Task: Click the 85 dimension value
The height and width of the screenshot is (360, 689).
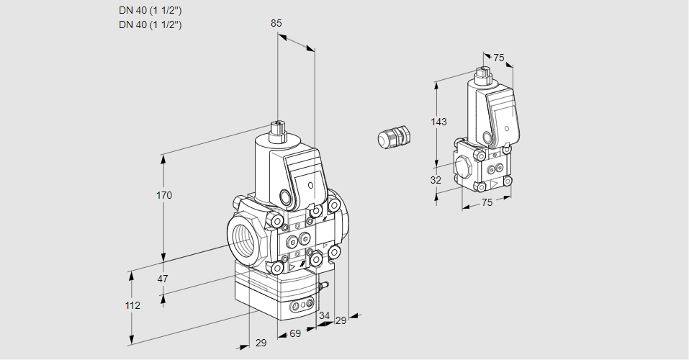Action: pyautogui.click(x=276, y=23)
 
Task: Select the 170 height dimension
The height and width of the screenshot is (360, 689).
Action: pyautogui.click(x=164, y=195)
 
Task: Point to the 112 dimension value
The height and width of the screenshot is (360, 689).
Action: pyautogui.click(x=132, y=305)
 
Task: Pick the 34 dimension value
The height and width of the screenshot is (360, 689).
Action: pyautogui.click(x=324, y=315)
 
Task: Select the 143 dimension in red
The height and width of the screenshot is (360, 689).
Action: pyautogui.click(x=439, y=122)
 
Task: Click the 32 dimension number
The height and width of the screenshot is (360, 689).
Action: pyautogui.click(x=436, y=180)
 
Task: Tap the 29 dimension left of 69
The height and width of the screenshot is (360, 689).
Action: pyautogui.click(x=261, y=343)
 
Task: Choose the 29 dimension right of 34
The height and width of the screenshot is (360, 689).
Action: pyautogui.click(x=341, y=320)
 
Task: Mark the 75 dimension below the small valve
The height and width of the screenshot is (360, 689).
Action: pyautogui.click(x=487, y=202)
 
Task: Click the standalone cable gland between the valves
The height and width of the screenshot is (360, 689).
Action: pyautogui.click(x=393, y=136)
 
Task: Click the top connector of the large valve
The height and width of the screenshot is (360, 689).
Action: pyautogui.click(x=277, y=132)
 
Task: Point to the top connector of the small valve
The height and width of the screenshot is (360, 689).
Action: pyautogui.click(x=482, y=75)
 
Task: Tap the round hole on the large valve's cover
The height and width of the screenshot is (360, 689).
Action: pyautogui.click(x=311, y=185)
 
